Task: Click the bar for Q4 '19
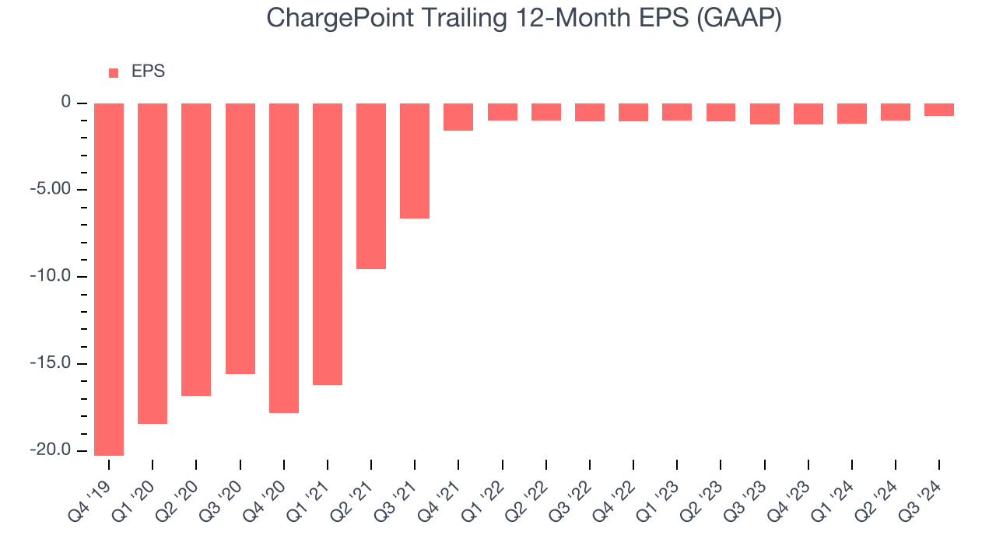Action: coord(108,279)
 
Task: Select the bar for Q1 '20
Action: coord(153,264)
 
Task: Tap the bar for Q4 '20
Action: coord(284,257)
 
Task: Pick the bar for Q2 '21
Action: coord(371,186)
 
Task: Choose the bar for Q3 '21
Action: coord(415,161)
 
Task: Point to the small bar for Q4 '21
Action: coord(458,117)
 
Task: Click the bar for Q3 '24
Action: coord(939,110)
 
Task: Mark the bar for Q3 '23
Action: coord(764,114)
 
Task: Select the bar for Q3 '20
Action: coord(240,239)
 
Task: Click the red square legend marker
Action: coord(114,73)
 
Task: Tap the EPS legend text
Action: coord(148,72)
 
